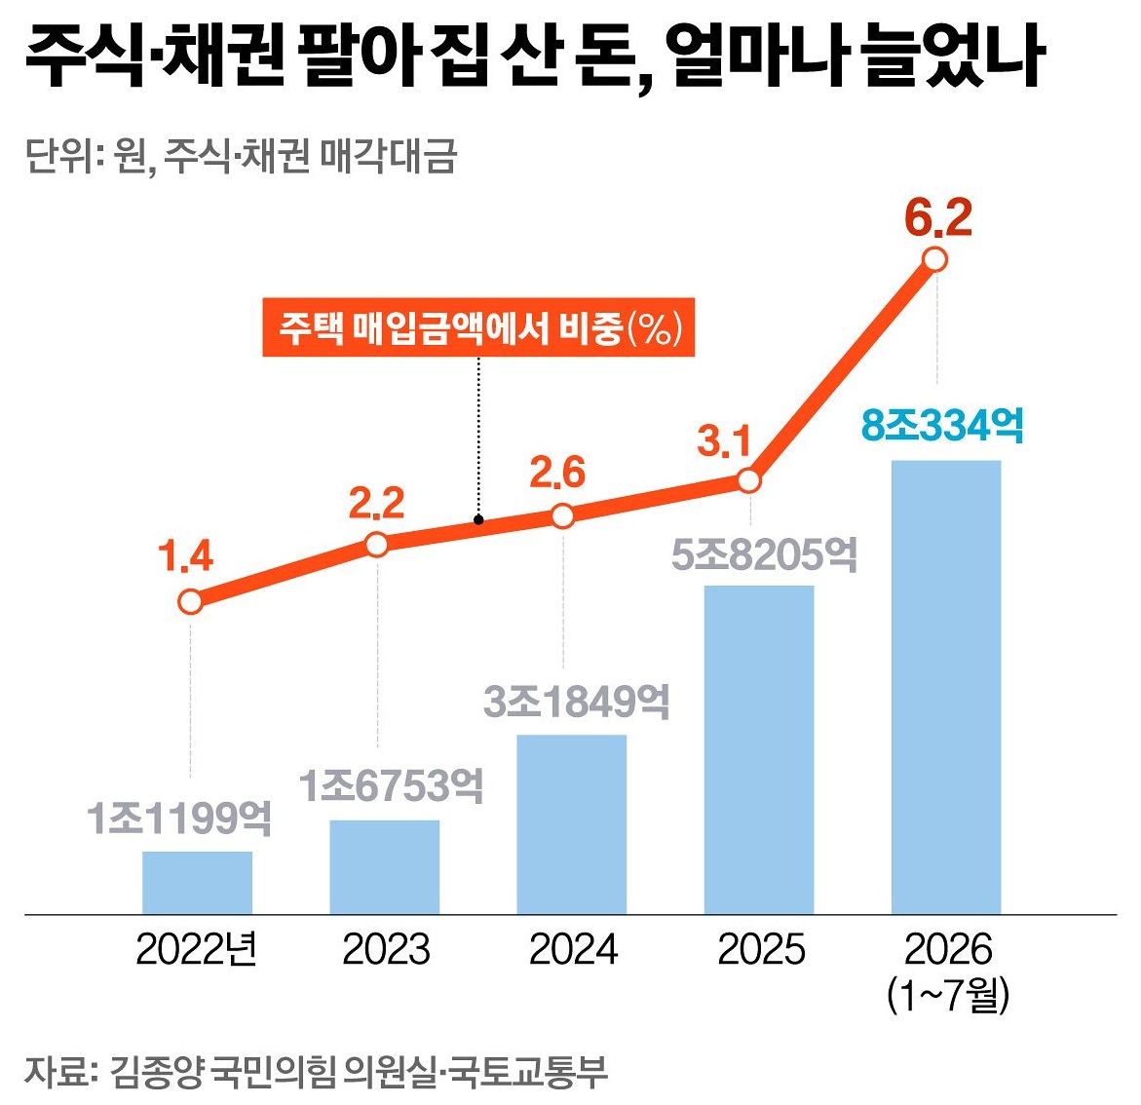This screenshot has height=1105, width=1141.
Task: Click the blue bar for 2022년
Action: click(x=197, y=882)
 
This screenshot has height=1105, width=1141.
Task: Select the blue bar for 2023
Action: click(x=384, y=867)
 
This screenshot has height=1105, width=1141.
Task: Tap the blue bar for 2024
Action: click(x=572, y=824)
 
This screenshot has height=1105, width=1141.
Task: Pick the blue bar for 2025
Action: click(x=759, y=749)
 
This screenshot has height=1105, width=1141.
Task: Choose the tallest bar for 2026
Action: click(x=946, y=687)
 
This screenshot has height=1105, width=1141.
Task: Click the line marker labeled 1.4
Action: click(x=190, y=602)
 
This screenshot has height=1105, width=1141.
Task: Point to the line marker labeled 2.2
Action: click(x=377, y=545)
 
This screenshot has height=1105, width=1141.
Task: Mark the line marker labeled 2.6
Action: click(x=563, y=516)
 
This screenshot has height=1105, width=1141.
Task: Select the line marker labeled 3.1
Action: click(x=748, y=480)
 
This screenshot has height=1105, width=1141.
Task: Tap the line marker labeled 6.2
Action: click(x=935, y=260)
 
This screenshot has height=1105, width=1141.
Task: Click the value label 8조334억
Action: click(x=942, y=425)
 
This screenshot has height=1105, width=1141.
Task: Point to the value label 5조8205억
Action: click(x=764, y=554)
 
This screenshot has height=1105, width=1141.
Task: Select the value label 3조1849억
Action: click(x=576, y=702)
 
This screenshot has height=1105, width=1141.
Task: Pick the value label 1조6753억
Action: click(x=391, y=786)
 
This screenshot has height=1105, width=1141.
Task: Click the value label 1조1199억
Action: click(x=179, y=819)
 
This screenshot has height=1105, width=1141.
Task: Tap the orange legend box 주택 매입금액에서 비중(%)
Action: click(x=478, y=327)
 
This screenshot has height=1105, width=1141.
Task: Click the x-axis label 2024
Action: click(x=573, y=950)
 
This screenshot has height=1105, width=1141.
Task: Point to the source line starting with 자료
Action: click(x=316, y=1072)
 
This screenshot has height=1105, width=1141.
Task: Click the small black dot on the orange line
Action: click(x=478, y=519)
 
